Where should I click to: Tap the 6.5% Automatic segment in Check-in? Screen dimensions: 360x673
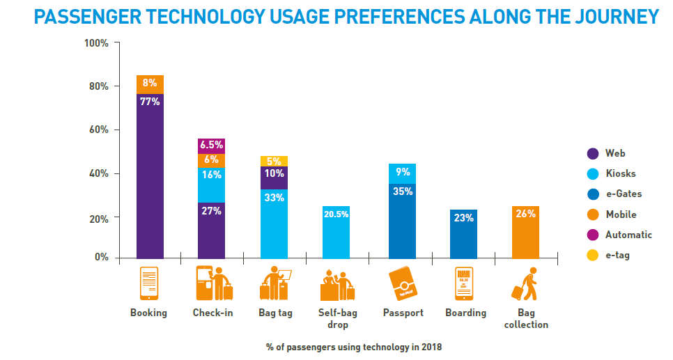pyautogui.click(x=211, y=146)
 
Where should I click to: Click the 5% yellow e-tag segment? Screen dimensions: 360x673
pyautogui.click(x=274, y=161)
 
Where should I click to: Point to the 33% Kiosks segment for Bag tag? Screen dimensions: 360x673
pyautogui.click(x=274, y=224)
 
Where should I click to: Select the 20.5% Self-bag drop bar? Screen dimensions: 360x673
pyautogui.click(x=335, y=232)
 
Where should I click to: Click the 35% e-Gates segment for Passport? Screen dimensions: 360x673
pyautogui.click(x=401, y=221)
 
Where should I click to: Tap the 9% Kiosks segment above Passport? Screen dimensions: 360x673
pyautogui.click(x=401, y=173)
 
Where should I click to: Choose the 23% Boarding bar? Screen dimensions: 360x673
pyautogui.click(x=463, y=234)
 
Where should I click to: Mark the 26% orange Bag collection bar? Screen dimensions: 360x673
pyautogui.click(x=525, y=232)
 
